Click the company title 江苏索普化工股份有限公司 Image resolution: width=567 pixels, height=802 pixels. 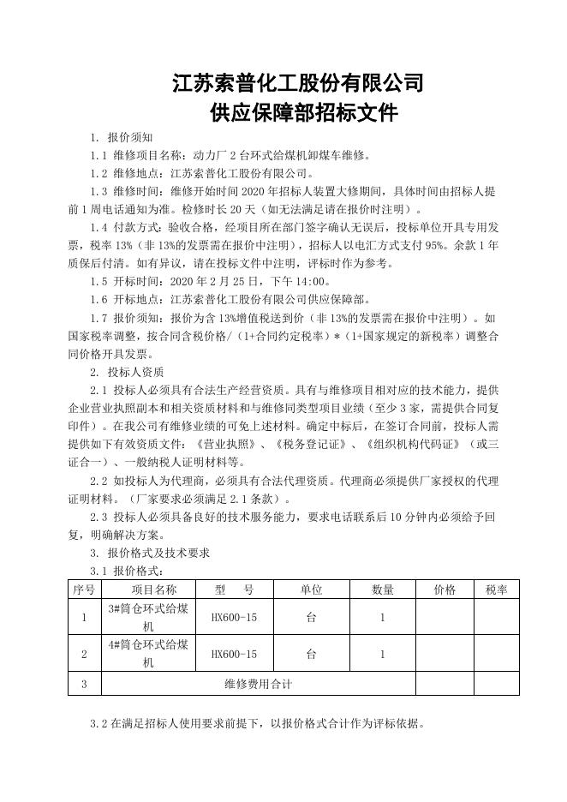(x=298, y=84)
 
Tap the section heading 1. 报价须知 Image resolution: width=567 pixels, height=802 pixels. (x=122, y=137)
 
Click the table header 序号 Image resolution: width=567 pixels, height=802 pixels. (x=84, y=590)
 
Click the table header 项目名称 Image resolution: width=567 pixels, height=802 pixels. (x=153, y=590)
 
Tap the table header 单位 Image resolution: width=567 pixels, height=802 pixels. (x=311, y=590)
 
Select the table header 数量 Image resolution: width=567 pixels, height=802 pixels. (x=382, y=590)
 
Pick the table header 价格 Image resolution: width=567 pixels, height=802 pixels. (x=445, y=590)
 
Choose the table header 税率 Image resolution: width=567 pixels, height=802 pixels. (x=497, y=590)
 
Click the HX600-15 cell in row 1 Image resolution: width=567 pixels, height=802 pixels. (x=234, y=617)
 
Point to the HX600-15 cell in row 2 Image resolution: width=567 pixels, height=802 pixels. (x=234, y=654)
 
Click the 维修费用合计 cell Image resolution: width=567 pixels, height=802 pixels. (x=258, y=684)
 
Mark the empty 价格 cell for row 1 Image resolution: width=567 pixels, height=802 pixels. (x=445, y=617)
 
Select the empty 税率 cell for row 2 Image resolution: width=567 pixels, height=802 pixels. (x=497, y=654)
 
